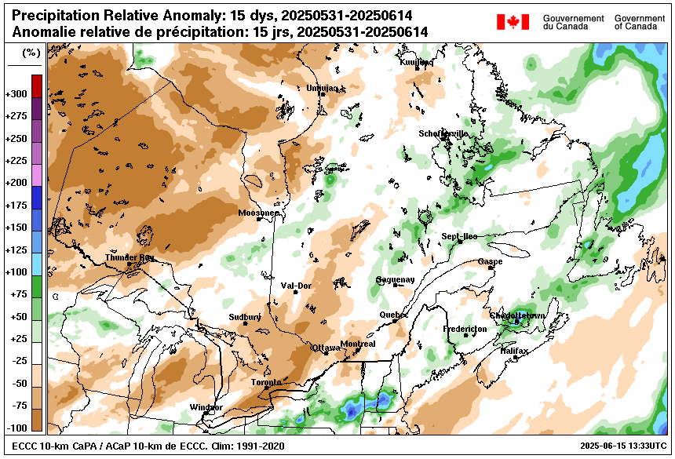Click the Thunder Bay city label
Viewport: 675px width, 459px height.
tap(130, 257)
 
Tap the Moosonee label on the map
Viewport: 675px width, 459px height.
tap(258, 213)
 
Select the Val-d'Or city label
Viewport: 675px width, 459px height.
tap(296, 286)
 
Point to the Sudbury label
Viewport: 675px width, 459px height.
tap(244, 317)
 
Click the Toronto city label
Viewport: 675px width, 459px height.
tap(265, 382)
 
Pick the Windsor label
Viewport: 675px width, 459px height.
tap(206, 407)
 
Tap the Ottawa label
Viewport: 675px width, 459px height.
tap(326, 347)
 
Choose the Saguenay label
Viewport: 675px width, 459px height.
tap(394, 279)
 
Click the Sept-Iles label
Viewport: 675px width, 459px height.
tap(459, 236)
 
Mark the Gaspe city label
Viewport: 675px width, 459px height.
tap(490, 261)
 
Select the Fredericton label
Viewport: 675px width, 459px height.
tap(465, 329)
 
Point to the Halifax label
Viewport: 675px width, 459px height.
tap(514, 351)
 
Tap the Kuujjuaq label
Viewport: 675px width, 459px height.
tap(415, 62)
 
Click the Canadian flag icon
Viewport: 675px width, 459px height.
tap(513, 22)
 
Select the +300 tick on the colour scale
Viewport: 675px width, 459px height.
tap(16, 94)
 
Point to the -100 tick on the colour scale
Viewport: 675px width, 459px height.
tap(16, 428)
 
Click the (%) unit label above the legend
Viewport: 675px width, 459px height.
tap(31, 53)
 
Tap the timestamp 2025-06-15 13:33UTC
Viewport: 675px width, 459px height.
tap(618, 446)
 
